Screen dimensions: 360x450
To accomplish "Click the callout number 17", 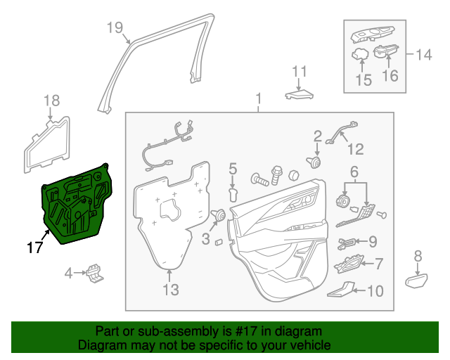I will tap(34, 247).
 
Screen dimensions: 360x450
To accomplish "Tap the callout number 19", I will tap(115, 28).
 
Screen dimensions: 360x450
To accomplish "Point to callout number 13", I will tap(171, 289).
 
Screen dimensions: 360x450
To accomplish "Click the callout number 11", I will tap(300, 71).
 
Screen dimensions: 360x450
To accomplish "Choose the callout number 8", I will tap(418, 256).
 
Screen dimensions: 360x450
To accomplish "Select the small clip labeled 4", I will tap(95, 273).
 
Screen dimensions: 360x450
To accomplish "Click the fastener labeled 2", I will tap(314, 163).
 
